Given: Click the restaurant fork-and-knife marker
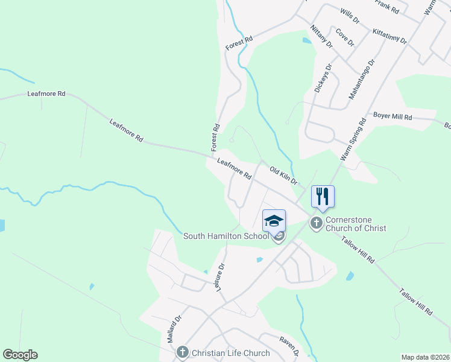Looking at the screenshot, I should pos(323,197).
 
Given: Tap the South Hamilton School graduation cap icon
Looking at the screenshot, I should pos(274,220).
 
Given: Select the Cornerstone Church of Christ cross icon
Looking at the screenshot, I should pos(315,224).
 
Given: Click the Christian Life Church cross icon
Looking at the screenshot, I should pos(182,352).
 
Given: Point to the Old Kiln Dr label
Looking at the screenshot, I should pos(283,176).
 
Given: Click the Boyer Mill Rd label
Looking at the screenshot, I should pos(393,116).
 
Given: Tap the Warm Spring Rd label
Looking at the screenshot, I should pos(353,139).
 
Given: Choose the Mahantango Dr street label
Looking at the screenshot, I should pos(362,79).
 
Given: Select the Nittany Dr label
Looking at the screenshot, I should pos(321,37).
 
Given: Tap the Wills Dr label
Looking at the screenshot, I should pos(350,16).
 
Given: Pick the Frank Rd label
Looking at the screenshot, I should pos(386,7).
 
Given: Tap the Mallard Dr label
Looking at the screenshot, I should pos(174,329).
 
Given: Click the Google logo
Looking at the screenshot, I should pos(20,355).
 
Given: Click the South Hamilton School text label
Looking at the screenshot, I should pos(226,236).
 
